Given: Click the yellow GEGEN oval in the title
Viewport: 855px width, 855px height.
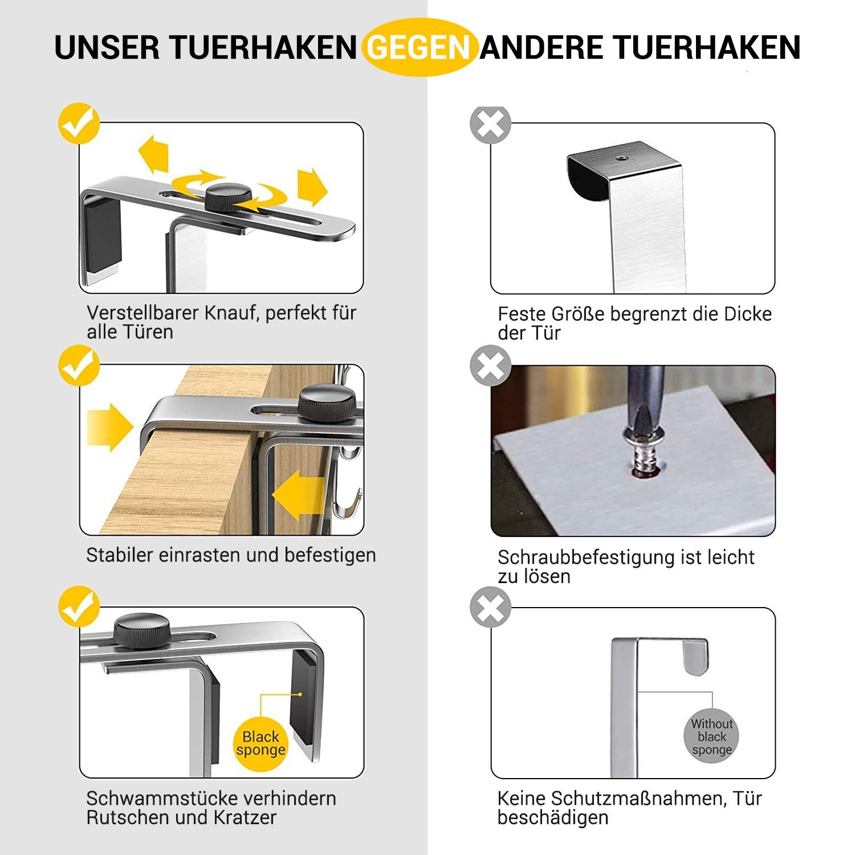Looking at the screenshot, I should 419,47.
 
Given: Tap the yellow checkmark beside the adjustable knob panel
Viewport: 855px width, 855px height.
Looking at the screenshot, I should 79,123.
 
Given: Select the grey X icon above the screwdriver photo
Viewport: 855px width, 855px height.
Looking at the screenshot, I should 490,366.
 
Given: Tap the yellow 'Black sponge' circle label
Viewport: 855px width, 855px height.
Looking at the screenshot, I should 260,743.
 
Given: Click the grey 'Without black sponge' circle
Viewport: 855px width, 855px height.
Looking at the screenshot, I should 711,736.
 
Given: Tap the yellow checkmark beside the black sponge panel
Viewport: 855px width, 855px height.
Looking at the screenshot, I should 79,607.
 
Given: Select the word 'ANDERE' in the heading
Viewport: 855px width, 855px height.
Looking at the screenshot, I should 541,47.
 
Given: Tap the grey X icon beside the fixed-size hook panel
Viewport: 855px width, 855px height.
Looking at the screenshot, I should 490,124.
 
